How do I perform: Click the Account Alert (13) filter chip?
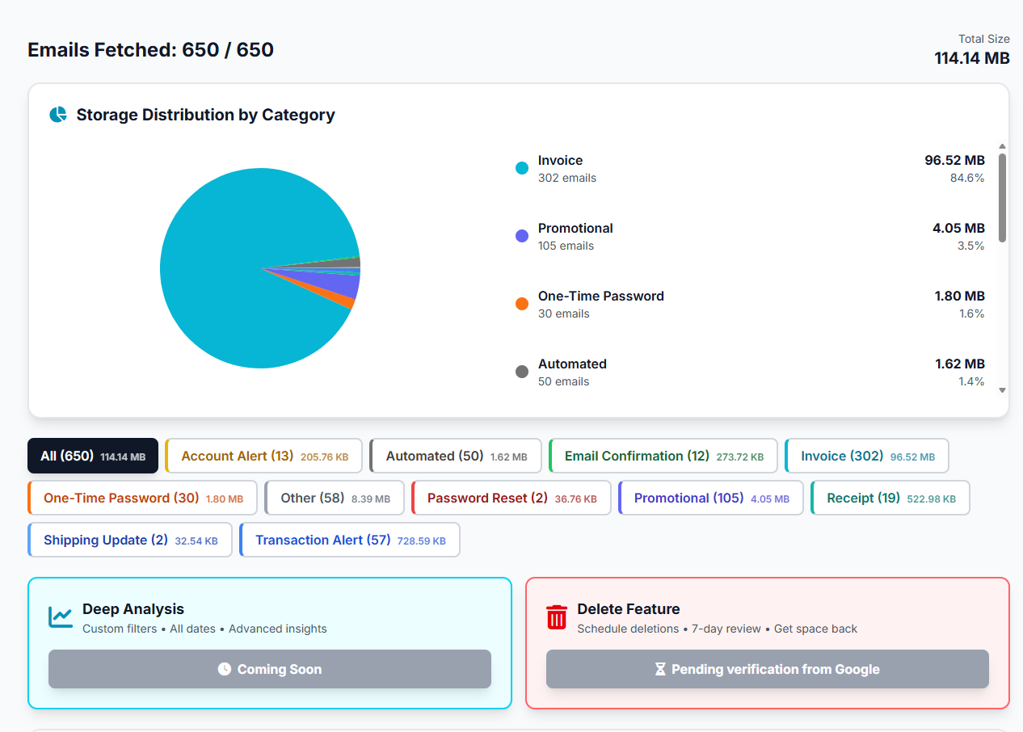(x=264, y=456)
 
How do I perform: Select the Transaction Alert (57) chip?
(x=350, y=540)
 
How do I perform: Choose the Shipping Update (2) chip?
(x=130, y=540)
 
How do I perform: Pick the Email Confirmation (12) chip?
(x=663, y=456)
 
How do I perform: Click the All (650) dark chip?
(x=93, y=456)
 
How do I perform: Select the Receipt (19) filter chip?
(x=890, y=498)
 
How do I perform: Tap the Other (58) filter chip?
(x=335, y=498)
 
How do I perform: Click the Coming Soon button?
(x=270, y=669)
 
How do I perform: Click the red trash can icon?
(x=557, y=617)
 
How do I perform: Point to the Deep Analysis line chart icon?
(x=61, y=617)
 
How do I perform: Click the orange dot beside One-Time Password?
(x=522, y=304)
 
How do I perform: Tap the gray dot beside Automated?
(x=522, y=372)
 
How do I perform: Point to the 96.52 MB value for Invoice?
(x=954, y=160)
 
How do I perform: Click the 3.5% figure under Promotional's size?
(x=971, y=246)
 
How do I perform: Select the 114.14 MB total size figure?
(x=972, y=58)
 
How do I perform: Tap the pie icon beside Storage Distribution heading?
(x=58, y=115)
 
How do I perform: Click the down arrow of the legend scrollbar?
(x=1003, y=390)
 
